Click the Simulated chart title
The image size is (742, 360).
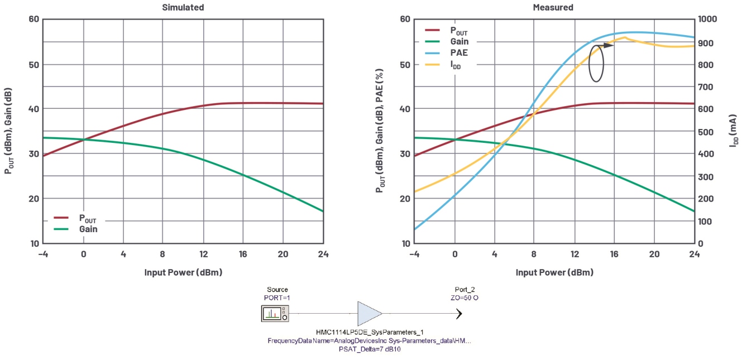[183, 8]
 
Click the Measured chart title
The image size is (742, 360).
[553, 8]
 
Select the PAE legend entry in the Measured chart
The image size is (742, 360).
[460, 53]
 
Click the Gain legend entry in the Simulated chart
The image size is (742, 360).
[89, 229]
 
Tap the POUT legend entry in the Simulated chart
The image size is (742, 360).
[87, 218]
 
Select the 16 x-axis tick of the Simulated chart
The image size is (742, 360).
[243, 255]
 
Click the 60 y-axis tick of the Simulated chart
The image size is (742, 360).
[33, 20]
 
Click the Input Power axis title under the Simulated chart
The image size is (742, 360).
[183, 272]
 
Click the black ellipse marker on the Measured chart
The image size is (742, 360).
[596, 63]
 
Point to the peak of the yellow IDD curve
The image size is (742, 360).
[624, 37]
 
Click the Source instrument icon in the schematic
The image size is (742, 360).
[275, 314]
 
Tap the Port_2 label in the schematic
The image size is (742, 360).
[459, 290]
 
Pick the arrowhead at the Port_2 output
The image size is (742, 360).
[459, 314]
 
